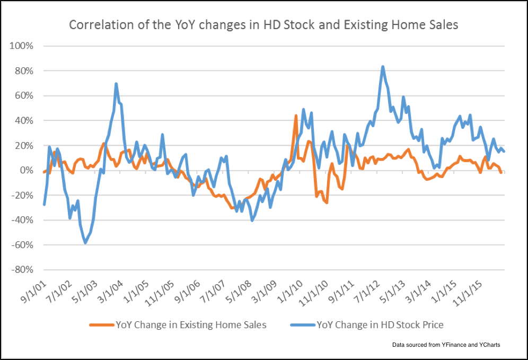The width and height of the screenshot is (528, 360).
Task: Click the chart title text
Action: point(263,24)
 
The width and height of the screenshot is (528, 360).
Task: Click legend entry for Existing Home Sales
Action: point(191,325)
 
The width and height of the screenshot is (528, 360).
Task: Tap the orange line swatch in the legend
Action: point(101,325)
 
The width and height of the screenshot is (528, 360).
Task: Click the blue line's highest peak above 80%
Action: point(383,67)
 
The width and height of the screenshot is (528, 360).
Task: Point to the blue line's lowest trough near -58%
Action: point(85,243)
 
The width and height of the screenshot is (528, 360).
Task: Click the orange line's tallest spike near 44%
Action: point(296,116)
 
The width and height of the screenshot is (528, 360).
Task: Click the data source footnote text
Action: point(446,345)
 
